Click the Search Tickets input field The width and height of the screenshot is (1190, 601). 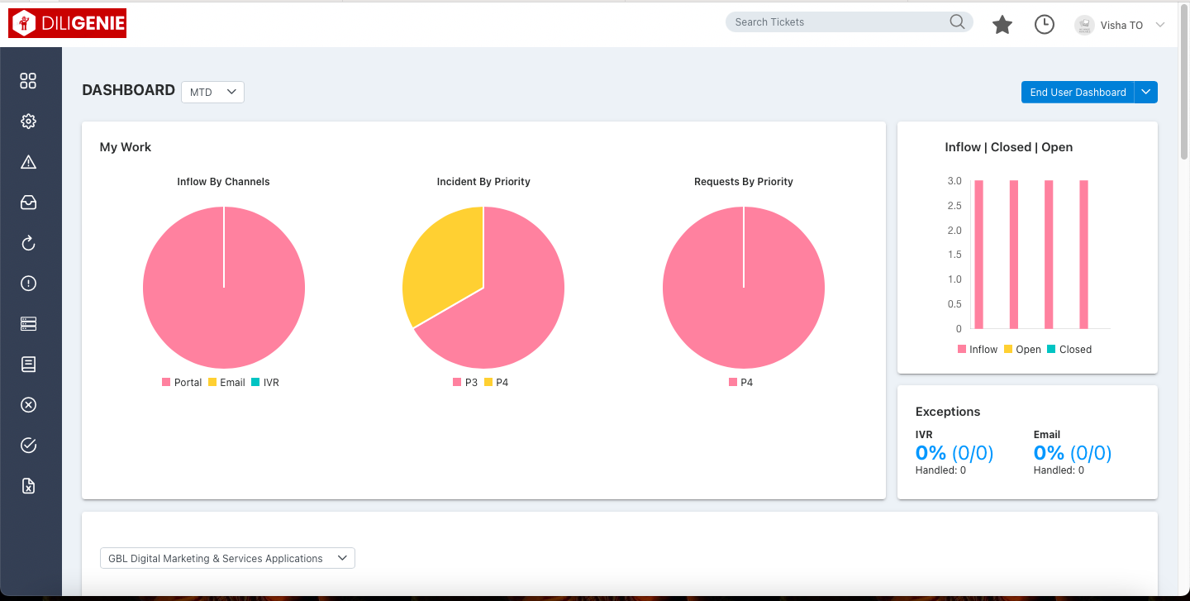click(x=839, y=22)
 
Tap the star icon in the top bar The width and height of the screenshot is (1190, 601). click(x=1002, y=25)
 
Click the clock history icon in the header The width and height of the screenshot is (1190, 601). click(x=1045, y=25)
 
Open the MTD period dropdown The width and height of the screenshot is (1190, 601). click(x=212, y=92)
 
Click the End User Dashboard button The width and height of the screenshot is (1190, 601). click(x=1078, y=93)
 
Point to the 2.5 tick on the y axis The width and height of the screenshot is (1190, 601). click(x=954, y=205)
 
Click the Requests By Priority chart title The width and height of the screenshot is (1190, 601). click(x=743, y=182)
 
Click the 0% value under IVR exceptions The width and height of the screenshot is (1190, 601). click(x=931, y=452)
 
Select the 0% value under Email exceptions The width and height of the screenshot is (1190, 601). click(x=1049, y=452)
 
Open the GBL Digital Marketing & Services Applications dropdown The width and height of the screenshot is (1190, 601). click(x=227, y=558)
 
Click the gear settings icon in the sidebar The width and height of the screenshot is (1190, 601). click(x=28, y=122)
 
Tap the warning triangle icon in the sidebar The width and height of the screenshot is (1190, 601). click(x=28, y=162)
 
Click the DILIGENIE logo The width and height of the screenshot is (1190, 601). click(x=67, y=24)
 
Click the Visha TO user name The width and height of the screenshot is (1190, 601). click(x=1121, y=26)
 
